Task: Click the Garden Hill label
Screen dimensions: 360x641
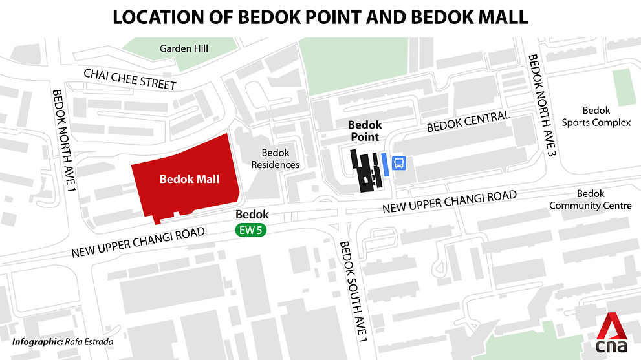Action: tap(179, 48)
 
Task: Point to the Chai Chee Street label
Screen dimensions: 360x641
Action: tap(129, 79)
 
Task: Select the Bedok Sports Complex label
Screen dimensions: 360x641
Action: tap(596, 116)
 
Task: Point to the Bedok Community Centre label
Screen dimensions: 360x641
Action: tap(590, 200)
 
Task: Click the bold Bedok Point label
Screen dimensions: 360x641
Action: tap(365, 131)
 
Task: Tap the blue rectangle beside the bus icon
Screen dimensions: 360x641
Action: tap(385, 164)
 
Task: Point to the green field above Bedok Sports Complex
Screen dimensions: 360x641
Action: tap(624, 87)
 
